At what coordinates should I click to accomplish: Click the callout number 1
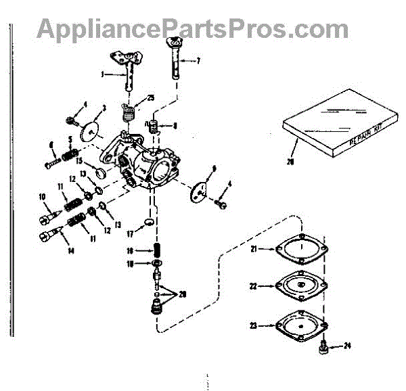(102, 74)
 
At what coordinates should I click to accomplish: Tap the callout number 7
(199, 61)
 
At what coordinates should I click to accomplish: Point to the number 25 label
(151, 98)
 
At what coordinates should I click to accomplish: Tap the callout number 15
(78, 162)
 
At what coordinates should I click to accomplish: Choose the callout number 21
(254, 249)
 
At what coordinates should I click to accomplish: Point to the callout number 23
(254, 325)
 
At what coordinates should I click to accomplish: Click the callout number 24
(347, 346)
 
